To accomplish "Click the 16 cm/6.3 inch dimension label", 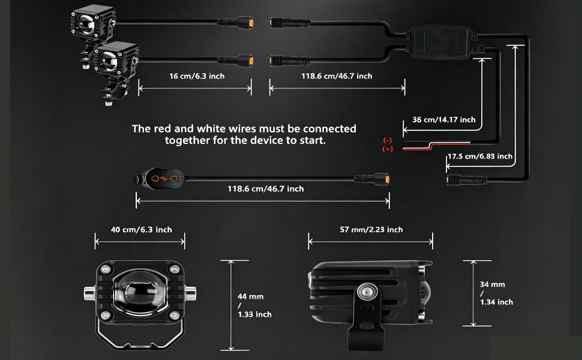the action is coord(197,76).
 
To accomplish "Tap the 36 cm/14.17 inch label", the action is coord(444,119).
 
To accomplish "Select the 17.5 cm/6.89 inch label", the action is coord(480,156).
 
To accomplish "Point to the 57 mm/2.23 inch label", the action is coord(371,229).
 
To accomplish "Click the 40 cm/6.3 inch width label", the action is coord(142,229).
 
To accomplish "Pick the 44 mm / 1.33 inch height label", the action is coord(254,305).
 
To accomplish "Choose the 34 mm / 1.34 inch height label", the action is coord(496,293).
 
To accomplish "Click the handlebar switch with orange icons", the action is coord(160,179).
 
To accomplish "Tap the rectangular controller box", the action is coord(441,41).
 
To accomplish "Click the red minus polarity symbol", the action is coord(388,140).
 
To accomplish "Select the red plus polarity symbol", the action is coord(388,149).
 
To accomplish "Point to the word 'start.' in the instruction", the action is coord(313,140).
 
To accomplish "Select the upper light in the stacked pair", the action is coord(93,22).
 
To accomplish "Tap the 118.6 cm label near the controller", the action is coord(337,76).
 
